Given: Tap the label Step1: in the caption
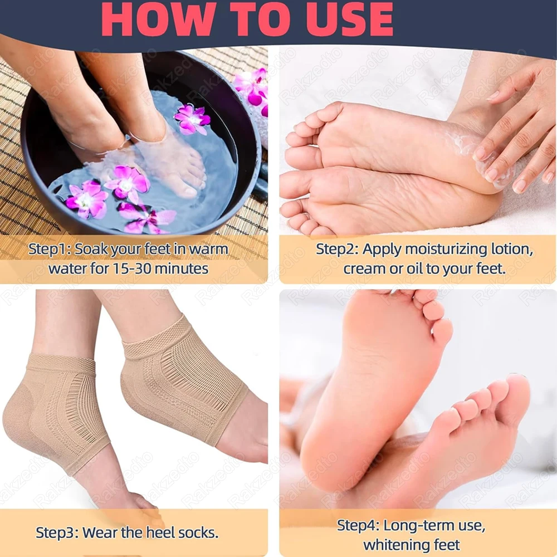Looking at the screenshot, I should tap(50, 249).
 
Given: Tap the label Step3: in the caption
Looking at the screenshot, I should tap(57, 532).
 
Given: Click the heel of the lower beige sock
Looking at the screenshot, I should tap(25, 423).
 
